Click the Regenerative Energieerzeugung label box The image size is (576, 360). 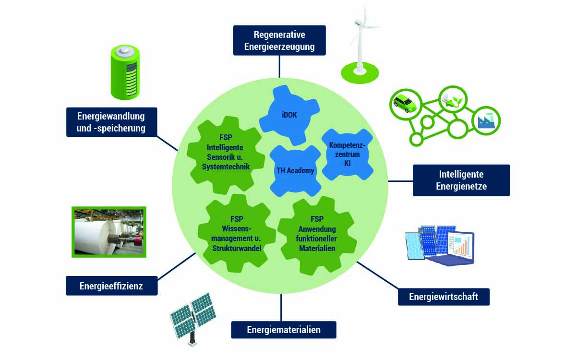(x=279, y=41)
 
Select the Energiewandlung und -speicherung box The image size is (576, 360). (x=111, y=122)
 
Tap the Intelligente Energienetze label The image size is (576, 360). (x=461, y=180)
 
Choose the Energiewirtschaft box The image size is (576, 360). (x=444, y=297)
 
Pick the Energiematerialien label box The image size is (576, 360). (x=284, y=330)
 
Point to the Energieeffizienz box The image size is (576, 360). (x=111, y=287)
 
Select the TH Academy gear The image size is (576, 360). (x=295, y=170)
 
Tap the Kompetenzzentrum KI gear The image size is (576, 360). (x=347, y=154)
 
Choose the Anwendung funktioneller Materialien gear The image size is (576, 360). (x=317, y=233)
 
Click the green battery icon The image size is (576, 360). (x=124, y=72)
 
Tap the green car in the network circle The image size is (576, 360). (x=405, y=103)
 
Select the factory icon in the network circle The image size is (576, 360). (x=485, y=122)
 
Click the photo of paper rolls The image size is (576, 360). (x=108, y=232)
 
